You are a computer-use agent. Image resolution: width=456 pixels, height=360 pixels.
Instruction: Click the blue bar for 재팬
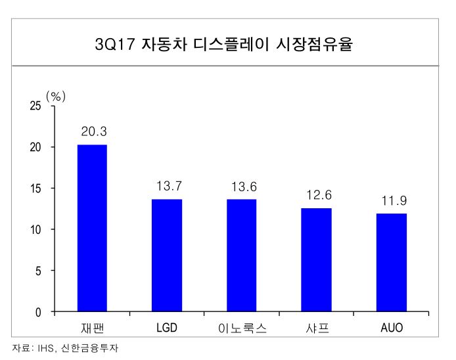92,228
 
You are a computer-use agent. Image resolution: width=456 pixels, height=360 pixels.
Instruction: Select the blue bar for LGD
167,255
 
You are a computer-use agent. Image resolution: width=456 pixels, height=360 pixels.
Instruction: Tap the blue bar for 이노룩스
242,256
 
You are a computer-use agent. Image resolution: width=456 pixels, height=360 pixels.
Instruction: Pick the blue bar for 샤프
317,259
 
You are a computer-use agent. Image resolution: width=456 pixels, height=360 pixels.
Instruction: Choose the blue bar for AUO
392,262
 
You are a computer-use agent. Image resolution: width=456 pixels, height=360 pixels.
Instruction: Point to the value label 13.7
168,187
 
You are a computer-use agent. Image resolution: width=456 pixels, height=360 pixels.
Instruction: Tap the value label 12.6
317,195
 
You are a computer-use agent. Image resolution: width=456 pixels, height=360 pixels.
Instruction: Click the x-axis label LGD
168,327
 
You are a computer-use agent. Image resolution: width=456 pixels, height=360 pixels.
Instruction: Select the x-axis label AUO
392,327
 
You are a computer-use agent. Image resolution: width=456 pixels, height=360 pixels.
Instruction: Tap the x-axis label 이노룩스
242,327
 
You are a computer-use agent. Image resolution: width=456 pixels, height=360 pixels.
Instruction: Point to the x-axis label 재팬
93,327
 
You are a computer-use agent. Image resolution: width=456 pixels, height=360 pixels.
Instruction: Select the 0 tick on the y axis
39,312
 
